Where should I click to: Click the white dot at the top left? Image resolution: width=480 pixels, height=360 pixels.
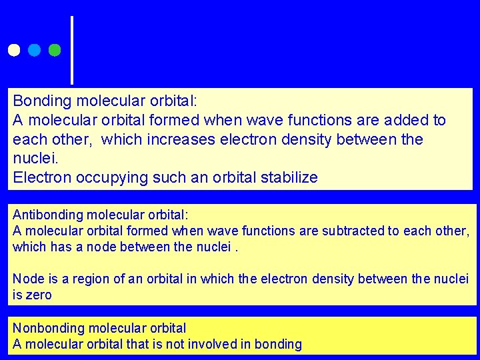pos(13,50)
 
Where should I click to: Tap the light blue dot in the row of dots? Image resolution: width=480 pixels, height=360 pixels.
pos(34,50)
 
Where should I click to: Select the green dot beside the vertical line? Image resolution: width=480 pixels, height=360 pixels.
pos(55,50)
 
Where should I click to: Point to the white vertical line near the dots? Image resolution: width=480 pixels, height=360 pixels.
pos(72,50)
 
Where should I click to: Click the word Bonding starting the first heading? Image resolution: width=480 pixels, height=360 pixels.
pos(41,101)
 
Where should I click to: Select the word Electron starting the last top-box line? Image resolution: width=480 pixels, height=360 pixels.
pos(41,178)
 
